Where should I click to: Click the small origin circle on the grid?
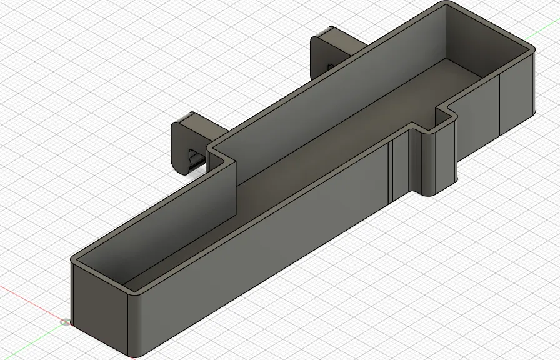[66, 322]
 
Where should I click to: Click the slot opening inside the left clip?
[196, 159]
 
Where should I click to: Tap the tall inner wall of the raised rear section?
[325, 94]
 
